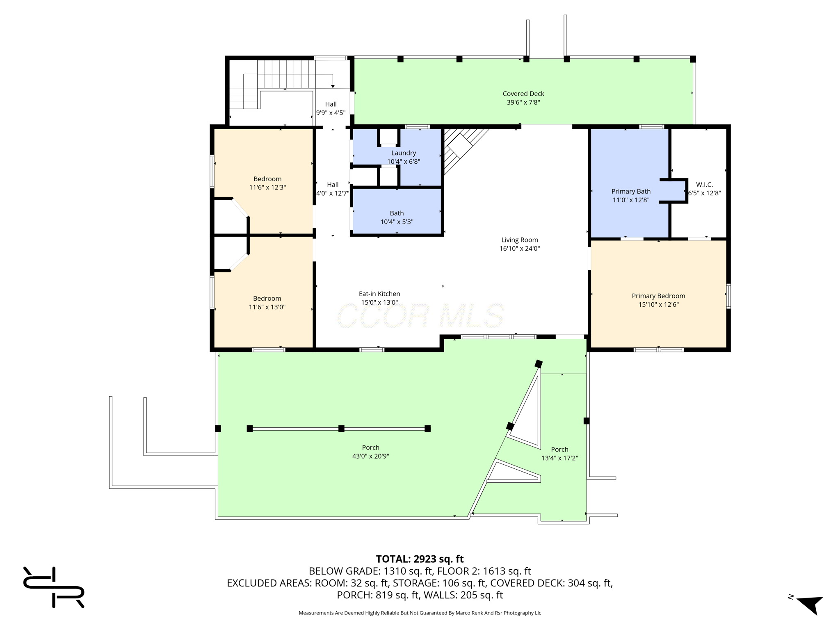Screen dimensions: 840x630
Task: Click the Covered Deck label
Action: [x=523, y=94]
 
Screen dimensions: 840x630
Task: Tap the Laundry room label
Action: [x=404, y=153]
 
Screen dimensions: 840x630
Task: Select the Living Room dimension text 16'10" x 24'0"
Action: [x=520, y=249]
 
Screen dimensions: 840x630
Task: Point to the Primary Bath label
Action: [x=631, y=191]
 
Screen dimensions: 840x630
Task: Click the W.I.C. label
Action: [x=705, y=185]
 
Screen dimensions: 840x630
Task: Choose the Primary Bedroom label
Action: [x=658, y=296]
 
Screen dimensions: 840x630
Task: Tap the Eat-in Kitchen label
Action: [x=379, y=294]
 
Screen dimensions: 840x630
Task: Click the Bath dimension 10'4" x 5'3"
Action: [x=397, y=222]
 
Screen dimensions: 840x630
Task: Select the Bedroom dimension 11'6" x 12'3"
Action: [x=267, y=187]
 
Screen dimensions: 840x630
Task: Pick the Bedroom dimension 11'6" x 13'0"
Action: [x=267, y=307]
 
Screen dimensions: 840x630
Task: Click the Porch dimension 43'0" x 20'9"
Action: [x=371, y=456]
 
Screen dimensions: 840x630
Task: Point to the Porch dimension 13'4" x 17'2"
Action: [x=560, y=458]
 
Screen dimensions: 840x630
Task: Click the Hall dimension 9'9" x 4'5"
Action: [x=331, y=113]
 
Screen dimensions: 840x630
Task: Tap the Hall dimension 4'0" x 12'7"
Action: [x=333, y=193]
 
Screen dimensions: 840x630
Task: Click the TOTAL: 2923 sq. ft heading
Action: [x=420, y=559]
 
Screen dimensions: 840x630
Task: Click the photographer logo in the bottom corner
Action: [x=54, y=587]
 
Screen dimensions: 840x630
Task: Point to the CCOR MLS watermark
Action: [x=420, y=316]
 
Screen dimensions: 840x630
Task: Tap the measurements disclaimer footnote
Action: [x=420, y=613]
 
